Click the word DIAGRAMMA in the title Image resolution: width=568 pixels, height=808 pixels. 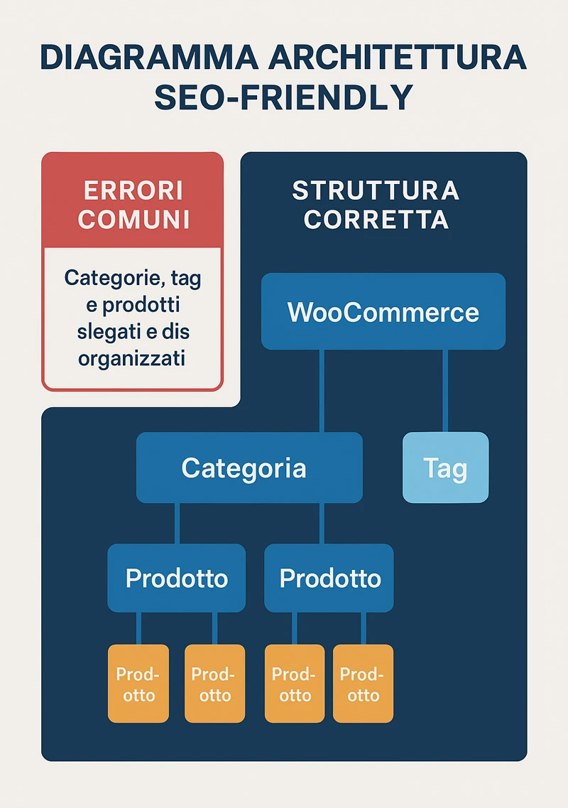[x=149, y=57]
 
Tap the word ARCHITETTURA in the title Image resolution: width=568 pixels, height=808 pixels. [x=398, y=57]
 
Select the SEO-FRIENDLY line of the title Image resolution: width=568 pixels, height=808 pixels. [x=284, y=97]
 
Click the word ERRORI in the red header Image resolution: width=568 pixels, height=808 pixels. [x=133, y=190]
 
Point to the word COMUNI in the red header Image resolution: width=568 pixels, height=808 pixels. [x=134, y=220]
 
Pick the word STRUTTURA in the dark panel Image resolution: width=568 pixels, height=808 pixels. [x=376, y=190]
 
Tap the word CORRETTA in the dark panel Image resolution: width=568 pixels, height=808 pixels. [x=376, y=220]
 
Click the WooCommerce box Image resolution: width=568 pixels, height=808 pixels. [x=383, y=311]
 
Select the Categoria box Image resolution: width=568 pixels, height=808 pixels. [x=249, y=468]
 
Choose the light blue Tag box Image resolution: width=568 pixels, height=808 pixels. [x=445, y=468]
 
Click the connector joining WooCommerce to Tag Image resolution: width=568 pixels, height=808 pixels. [x=445, y=391]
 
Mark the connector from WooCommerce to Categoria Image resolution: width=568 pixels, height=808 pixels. [x=322, y=391]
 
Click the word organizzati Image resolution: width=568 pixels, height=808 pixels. [x=132, y=358]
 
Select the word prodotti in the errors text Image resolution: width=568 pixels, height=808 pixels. [x=141, y=305]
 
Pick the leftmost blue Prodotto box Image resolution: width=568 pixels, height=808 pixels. [x=177, y=578]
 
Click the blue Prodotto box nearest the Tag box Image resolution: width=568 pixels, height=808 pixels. [x=329, y=578]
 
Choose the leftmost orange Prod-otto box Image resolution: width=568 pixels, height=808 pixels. [x=138, y=684]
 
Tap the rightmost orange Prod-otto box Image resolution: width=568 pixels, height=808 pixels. [x=363, y=684]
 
